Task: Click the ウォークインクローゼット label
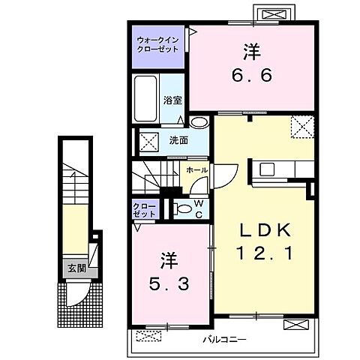point(158,44)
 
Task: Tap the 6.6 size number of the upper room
point(251,75)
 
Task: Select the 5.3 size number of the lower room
point(169,284)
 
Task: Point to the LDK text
point(265,230)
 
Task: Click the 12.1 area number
point(265,253)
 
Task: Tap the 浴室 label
point(172,100)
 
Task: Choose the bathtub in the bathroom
point(145,98)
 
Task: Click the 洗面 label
point(178,140)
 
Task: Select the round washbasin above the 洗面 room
point(199,122)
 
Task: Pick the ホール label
point(197,170)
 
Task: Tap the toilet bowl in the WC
point(182,208)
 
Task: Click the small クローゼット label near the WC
point(145,210)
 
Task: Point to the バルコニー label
point(224,339)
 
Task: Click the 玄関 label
point(77,268)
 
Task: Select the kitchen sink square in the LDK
point(267,169)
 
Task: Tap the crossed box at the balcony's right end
point(296,325)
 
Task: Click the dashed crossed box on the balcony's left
point(148,336)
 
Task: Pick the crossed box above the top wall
point(274,14)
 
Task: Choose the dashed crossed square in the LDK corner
point(302,127)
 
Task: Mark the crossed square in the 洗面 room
point(148,142)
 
